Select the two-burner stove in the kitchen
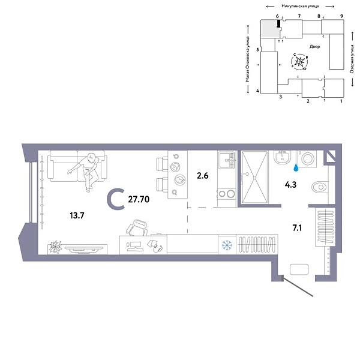226,193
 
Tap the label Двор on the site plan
315,46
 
